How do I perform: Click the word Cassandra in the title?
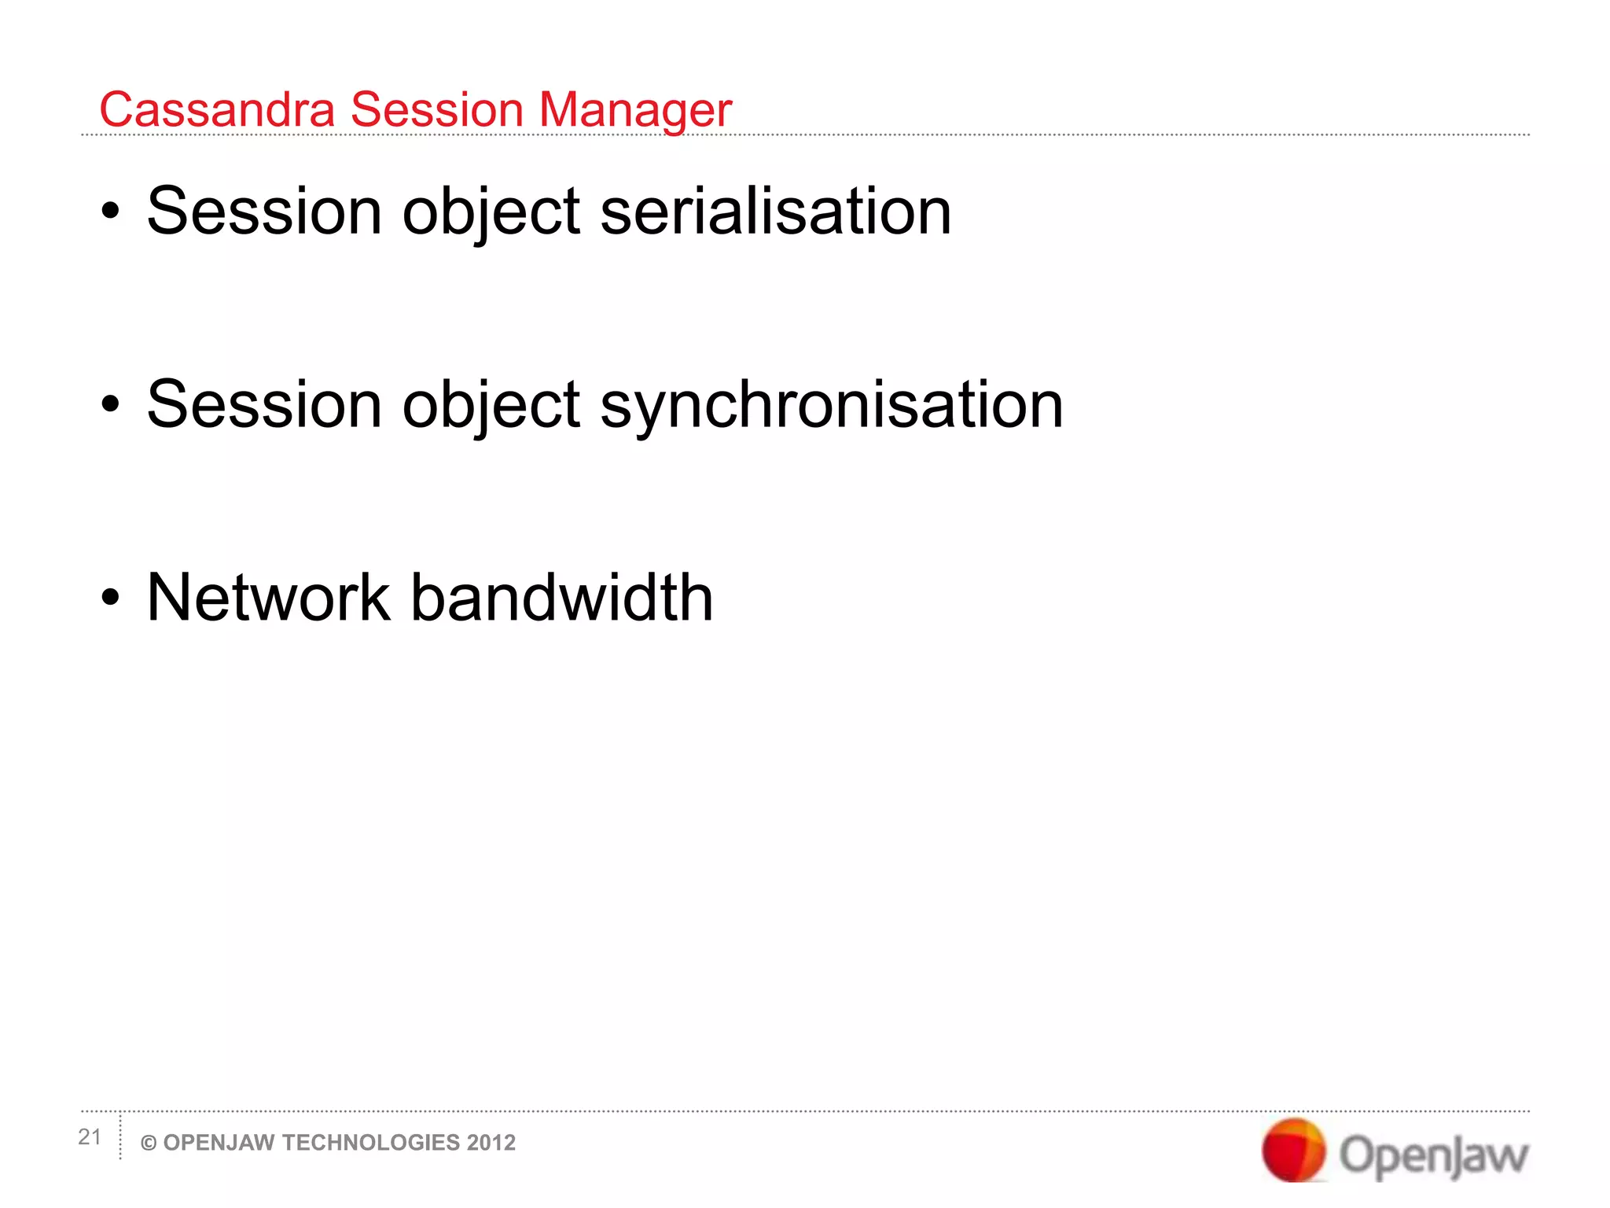pyautogui.click(x=217, y=109)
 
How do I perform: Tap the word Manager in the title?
pyautogui.click(x=635, y=111)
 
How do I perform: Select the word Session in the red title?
pyautogui.click(x=436, y=109)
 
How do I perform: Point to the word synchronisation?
pyautogui.click(x=832, y=405)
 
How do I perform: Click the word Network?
pyautogui.click(x=268, y=598)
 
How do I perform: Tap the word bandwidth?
pyautogui.click(x=562, y=598)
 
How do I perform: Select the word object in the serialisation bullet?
pyautogui.click(x=491, y=212)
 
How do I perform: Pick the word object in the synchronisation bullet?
pyautogui.click(x=491, y=406)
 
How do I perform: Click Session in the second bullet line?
pyautogui.click(x=264, y=404)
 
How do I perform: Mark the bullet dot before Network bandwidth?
pyautogui.click(x=111, y=598)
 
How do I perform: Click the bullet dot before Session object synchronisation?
pyautogui.click(x=111, y=404)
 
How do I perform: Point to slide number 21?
pyautogui.click(x=90, y=1137)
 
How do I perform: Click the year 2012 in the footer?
pyautogui.click(x=491, y=1143)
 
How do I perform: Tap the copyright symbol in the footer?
pyautogui.click(x=148, y=1144)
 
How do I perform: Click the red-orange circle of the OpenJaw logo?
pyautogui.click(x=1292, y=1150)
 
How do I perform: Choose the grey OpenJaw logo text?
pyautogui.click(x=1433, y=1155)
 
